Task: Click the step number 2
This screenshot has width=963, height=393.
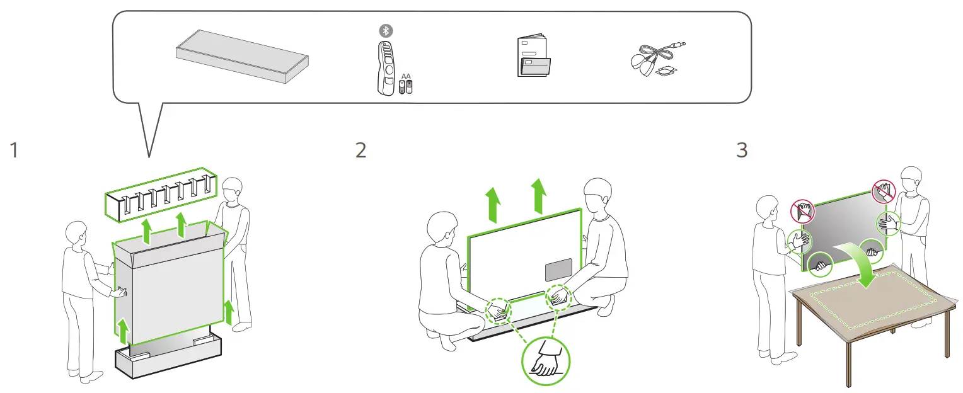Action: [360, 151]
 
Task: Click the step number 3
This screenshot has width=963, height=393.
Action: [742, 151]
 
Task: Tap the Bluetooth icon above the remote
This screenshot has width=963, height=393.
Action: [383, 30]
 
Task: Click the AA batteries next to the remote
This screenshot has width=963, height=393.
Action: [406, 86]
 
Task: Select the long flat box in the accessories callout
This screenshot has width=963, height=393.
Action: [242, 55]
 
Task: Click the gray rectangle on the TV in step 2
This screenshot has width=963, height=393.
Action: [558, 269]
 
